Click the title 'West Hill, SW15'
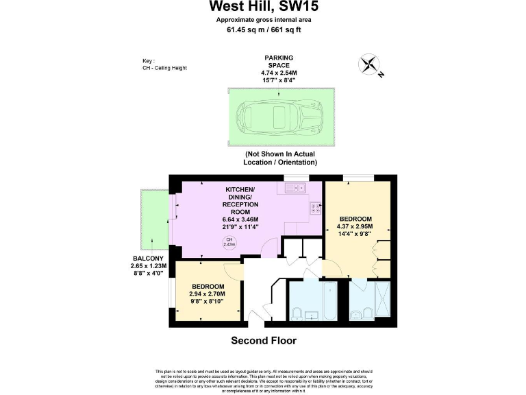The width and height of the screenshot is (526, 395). [x=263, y=8]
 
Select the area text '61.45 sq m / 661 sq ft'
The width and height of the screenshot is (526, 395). [x=263, y=29]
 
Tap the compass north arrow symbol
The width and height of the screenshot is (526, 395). [x=371, y=65]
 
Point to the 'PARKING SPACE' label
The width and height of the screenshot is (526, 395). [x=280, y=62]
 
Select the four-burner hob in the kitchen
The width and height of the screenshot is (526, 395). [x=316, y=208]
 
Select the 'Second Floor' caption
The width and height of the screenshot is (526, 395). [x=263, y=341]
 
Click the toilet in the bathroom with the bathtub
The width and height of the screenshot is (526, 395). [x=298, y=313]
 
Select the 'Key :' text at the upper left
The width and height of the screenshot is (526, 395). [x=149, y=60]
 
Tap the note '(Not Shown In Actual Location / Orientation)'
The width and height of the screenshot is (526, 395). [x=280, y=158]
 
